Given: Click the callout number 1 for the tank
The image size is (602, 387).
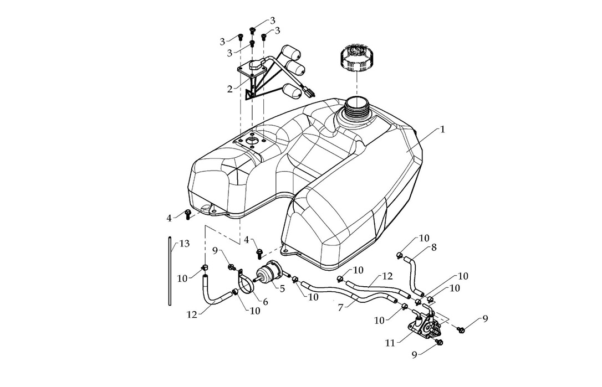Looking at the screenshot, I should coord(442,129).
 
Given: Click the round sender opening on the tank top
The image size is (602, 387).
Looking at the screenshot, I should coord(253,142).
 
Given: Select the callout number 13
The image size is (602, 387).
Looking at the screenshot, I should coord(184,243).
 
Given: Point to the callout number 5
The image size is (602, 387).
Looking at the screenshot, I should coord(282,288).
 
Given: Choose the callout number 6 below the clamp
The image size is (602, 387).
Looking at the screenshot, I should coord(264,302).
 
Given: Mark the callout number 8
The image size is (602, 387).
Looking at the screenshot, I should coord(433,247).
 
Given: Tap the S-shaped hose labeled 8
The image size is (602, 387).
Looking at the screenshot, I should coord(412,274).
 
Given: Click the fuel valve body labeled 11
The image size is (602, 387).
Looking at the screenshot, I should coord(426,328).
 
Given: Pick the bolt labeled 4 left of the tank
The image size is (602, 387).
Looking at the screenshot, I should coord(187,214).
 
